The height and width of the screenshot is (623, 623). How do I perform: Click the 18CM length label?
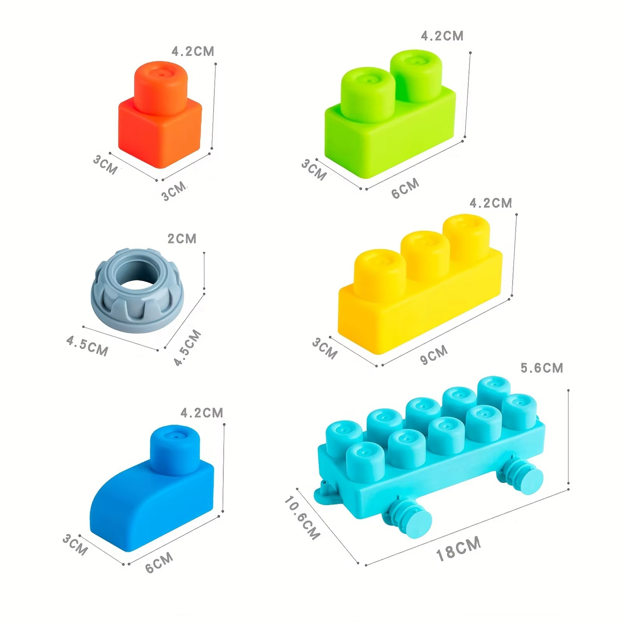pos(458,549)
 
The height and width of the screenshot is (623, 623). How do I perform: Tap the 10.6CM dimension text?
pos(302,517)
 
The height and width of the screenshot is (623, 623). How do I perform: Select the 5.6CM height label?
pos(542,368)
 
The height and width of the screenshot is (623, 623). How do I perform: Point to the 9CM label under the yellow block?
pos(434,354)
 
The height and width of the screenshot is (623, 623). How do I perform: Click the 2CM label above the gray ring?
pos(182,238)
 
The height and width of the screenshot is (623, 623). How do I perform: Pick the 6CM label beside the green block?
pos(405,188)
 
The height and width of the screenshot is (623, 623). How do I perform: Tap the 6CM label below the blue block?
pos(159,562)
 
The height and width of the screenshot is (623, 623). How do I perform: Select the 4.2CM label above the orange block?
pos(193,51)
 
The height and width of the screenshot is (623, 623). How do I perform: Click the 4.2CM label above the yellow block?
pos(491,203)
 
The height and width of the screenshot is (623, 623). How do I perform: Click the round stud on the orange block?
pos(160,86)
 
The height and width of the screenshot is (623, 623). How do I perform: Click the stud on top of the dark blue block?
pos(175,448)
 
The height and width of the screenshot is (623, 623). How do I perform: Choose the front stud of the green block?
pos(368,93)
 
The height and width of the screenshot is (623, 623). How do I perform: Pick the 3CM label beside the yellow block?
pos(325,348)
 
